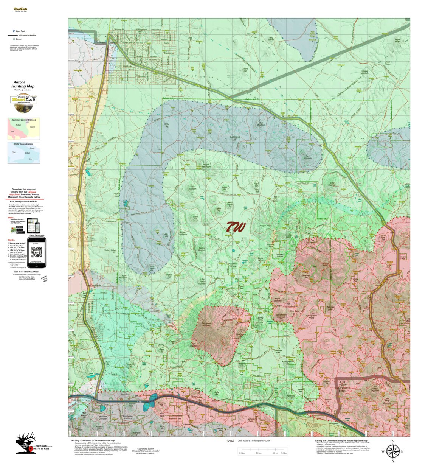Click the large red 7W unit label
click(x=236, y=227)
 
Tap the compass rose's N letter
click(x=393, y=442)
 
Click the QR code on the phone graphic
click(x=36, y=251)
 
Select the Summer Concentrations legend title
click(x=23, y=120)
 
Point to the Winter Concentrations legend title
click(x=23, y=144)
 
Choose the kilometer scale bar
click(x=262, y=450)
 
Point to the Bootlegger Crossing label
click(x=128, y=417)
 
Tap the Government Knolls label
click(x=311, y=316)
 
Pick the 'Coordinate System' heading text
click(x=146, y=449)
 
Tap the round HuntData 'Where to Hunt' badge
click(x=23, y=103)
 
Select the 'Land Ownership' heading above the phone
click(x=36, y=235)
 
